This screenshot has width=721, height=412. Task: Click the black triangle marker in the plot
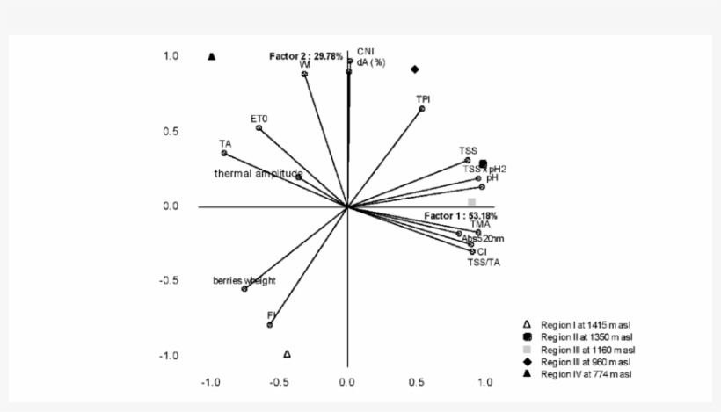[212, 57]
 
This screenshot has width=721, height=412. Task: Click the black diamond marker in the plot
[414, 69]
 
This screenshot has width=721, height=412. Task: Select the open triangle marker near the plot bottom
[287, 354]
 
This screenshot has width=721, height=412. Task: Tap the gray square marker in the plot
[471, 202]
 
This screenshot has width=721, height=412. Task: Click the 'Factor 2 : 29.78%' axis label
[305, 55]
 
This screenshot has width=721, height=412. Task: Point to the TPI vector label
[423, 99]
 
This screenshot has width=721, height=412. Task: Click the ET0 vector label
[258, 118]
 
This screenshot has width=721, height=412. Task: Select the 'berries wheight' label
[244, 281]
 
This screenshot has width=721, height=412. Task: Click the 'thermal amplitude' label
[259, 174]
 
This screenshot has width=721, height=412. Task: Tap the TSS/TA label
[484, 261]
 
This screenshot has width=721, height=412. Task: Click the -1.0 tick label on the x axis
[210, 382]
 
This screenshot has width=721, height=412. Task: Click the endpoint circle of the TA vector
[224, 153]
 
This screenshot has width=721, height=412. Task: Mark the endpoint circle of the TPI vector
[422, 109]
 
